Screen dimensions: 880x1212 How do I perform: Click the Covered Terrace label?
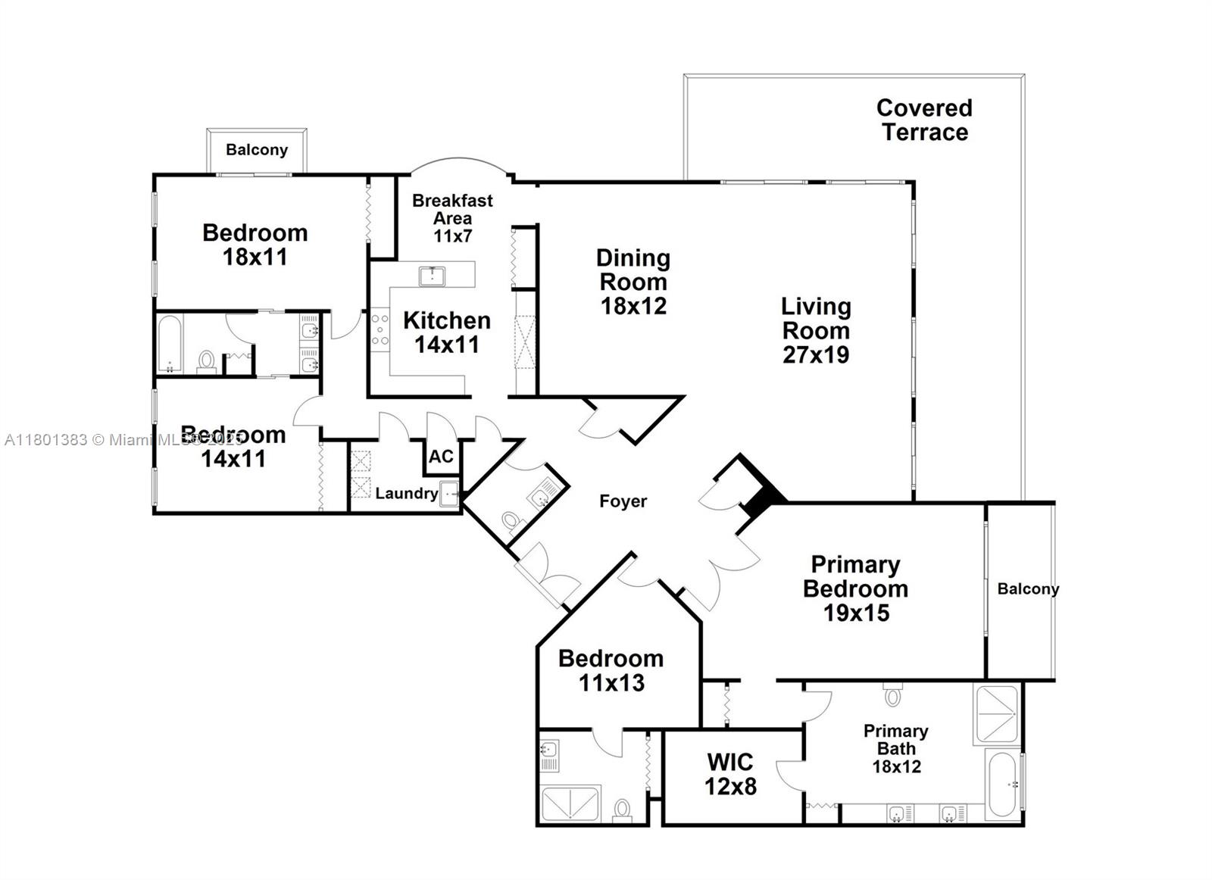pos(924,120)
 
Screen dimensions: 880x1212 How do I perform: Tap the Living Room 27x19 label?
pos(816,330)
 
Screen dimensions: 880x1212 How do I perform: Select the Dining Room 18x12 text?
pos(633,282)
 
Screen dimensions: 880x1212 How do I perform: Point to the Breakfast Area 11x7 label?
pos(452,218)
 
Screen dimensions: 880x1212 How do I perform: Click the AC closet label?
pos(441,457)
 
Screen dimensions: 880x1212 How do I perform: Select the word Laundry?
pos(407,494)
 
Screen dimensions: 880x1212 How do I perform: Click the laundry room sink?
pos(449,493)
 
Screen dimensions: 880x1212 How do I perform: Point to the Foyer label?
pos(623,501)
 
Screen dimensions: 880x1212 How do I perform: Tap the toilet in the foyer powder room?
pos(512,522)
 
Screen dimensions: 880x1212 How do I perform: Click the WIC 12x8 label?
pos(730,774)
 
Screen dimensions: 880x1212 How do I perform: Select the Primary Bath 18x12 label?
pos(896,748)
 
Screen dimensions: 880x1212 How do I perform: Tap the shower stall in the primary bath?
pos(997,714)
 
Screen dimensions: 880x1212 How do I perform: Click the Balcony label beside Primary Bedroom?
pos(1027,589)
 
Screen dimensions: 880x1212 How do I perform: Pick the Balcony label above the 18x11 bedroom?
pos(257,150)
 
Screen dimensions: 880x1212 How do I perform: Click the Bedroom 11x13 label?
pos(611,670)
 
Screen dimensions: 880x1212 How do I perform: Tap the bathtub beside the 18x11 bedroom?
pos(170,345)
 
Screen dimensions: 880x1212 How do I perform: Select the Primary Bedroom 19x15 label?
pos(855,588)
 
